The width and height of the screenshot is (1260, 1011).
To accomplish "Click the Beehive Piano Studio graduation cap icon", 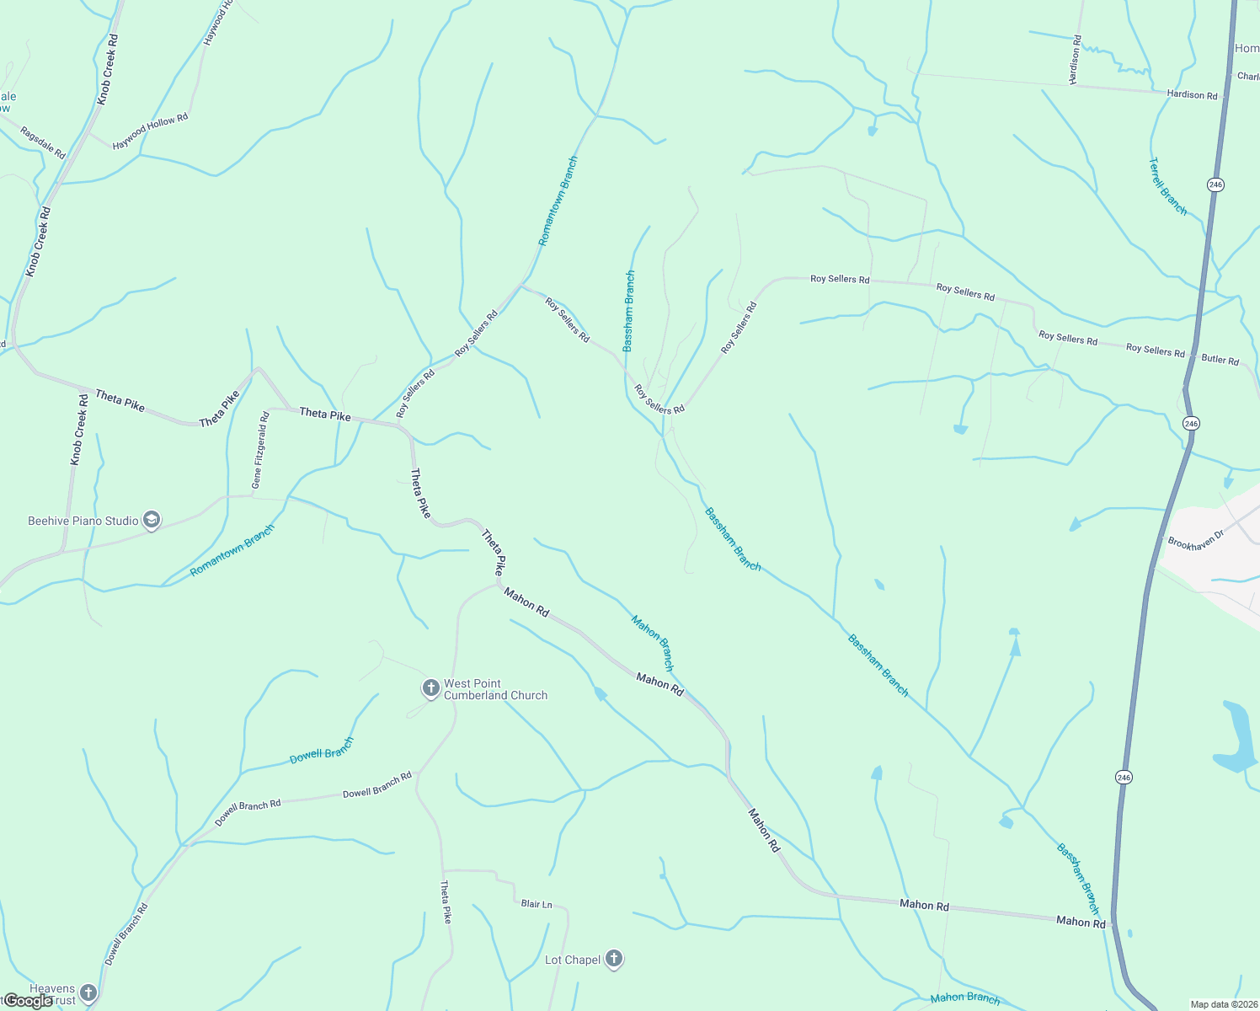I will [152, 520].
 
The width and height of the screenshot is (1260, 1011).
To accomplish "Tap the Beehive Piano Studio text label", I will [83, 521].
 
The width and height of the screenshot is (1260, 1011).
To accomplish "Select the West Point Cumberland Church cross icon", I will [430, 689].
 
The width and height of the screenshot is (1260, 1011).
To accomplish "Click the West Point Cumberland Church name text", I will [495, 689].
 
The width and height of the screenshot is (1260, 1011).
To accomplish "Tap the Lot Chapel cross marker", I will [614, 959].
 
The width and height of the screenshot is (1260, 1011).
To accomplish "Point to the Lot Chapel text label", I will [573, 960].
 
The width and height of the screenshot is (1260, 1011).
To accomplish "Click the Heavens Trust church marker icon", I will [88, 993].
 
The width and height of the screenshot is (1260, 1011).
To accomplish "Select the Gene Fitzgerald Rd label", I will [259, 450].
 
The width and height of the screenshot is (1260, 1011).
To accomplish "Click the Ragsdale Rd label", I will [43, 142].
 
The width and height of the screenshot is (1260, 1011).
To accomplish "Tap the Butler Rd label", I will [1220, 359].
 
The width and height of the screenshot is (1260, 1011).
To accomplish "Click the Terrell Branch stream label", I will [1168, 186].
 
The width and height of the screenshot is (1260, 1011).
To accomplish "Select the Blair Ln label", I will [537, 904].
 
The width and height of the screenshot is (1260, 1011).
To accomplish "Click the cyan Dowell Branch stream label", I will [321, 751].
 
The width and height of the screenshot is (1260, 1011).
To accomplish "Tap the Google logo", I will [27, 1001].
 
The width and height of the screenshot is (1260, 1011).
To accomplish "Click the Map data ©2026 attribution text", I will [1224, 1003].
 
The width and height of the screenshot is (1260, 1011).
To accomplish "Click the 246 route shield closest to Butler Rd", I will [1190, 423].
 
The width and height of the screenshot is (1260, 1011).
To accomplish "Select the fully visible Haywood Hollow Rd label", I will [150, 132].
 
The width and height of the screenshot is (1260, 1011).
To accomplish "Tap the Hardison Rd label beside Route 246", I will [1192, 95].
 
